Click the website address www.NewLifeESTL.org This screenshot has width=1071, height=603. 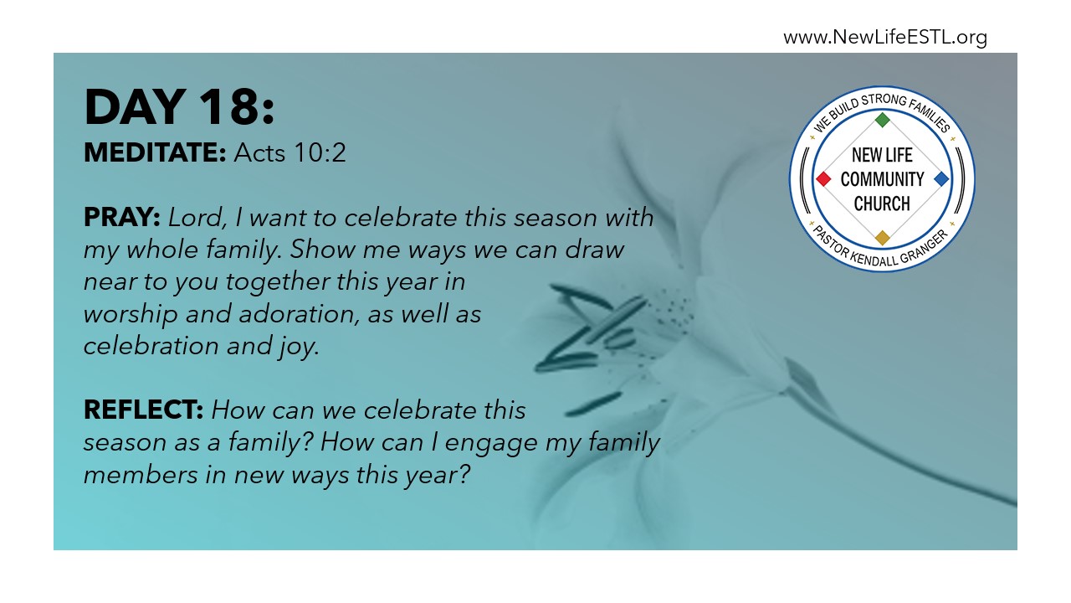click(885, 38)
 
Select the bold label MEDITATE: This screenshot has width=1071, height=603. click(155, 152)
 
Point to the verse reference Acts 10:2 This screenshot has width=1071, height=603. click(290, 152)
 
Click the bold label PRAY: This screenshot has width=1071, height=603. click(122, 217)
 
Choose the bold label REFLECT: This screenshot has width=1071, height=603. click(143, 410)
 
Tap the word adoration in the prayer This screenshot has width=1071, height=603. click(299, 314)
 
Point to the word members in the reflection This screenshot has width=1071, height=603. click(141, 475)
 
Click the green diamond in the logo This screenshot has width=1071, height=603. click(882, 120)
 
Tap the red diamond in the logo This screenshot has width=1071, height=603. click(823, 179)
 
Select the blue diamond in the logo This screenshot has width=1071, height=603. click(941, 179)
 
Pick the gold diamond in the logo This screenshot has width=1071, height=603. click(882, 238)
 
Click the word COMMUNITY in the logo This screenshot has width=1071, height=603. click(882, 179)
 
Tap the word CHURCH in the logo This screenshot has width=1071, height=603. click(882, 204)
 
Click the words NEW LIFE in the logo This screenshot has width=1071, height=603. click(882, 155)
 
